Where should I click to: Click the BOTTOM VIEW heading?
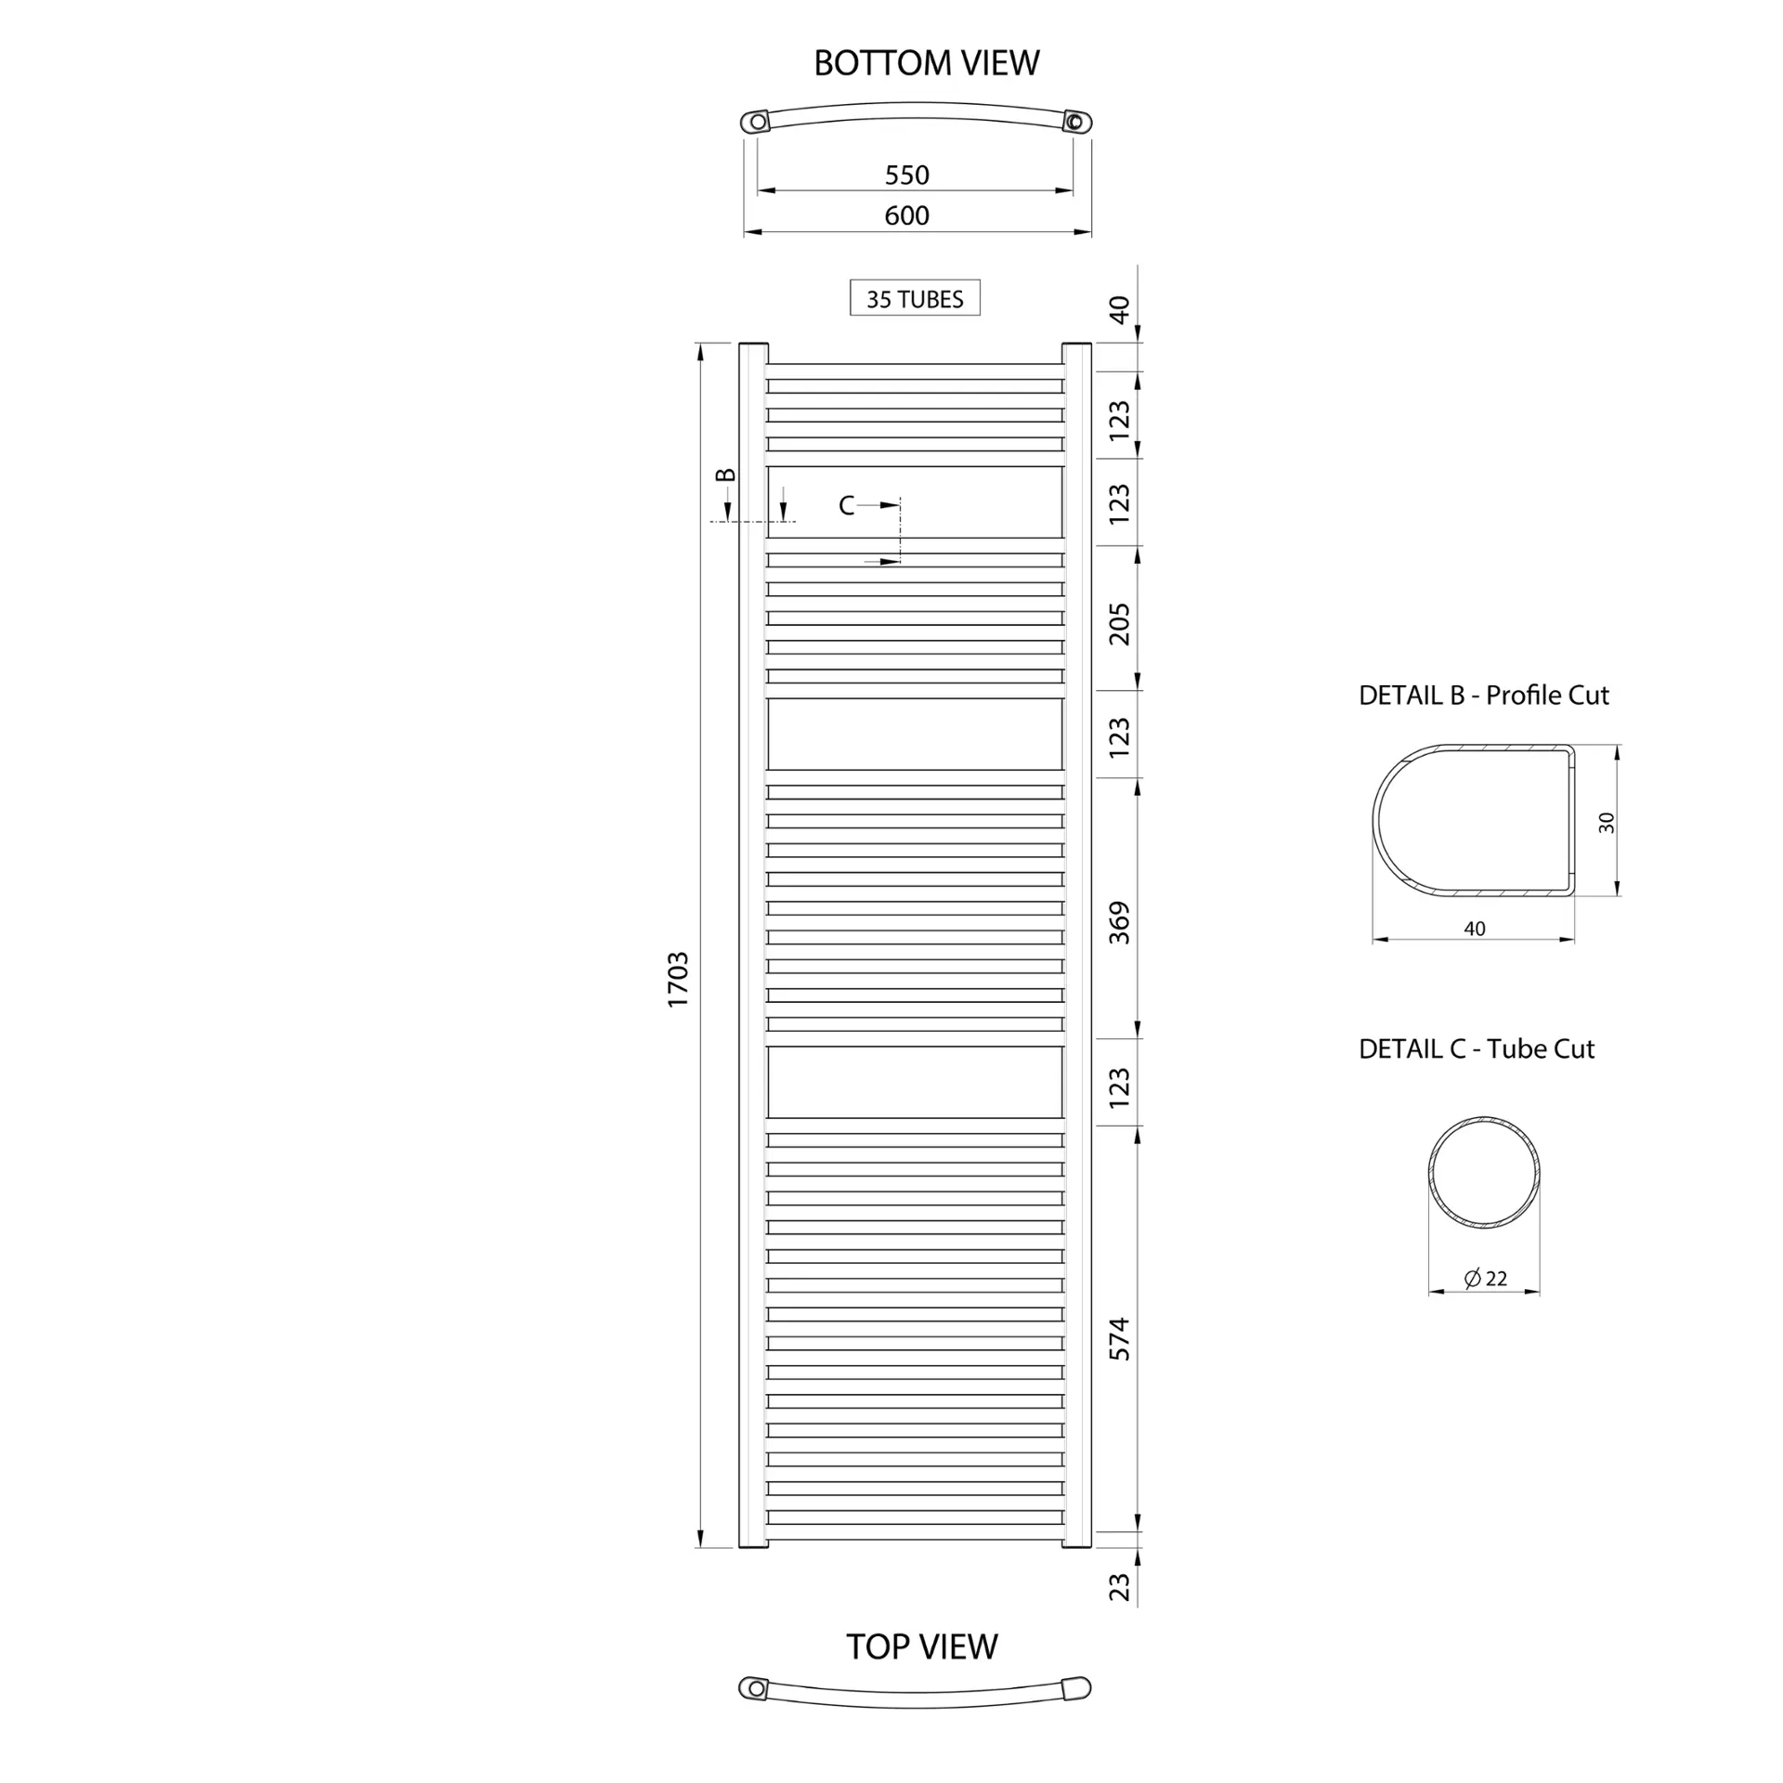pyautogui.click(x=926, y=63)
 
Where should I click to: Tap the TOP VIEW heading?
pyautogui.click(x=921, y=1646)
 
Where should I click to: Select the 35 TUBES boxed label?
pyautogui.click(x=915, y=298)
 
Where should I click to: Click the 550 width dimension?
pyautogui.click(x=906, y=175)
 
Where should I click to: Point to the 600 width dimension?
pyautogui.click(x=906, y=215)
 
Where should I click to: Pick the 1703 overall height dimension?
pyautogui.click(x=678, y=980)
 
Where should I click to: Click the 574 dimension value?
pyautogui.click(x=1120, y=1339)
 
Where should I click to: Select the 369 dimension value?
pyautogui.click(x=1120, y=923)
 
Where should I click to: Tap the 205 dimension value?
pyautogui.click(x=1120, y=624)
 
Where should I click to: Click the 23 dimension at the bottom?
pyautogui.click(x=1120, y=1586)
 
